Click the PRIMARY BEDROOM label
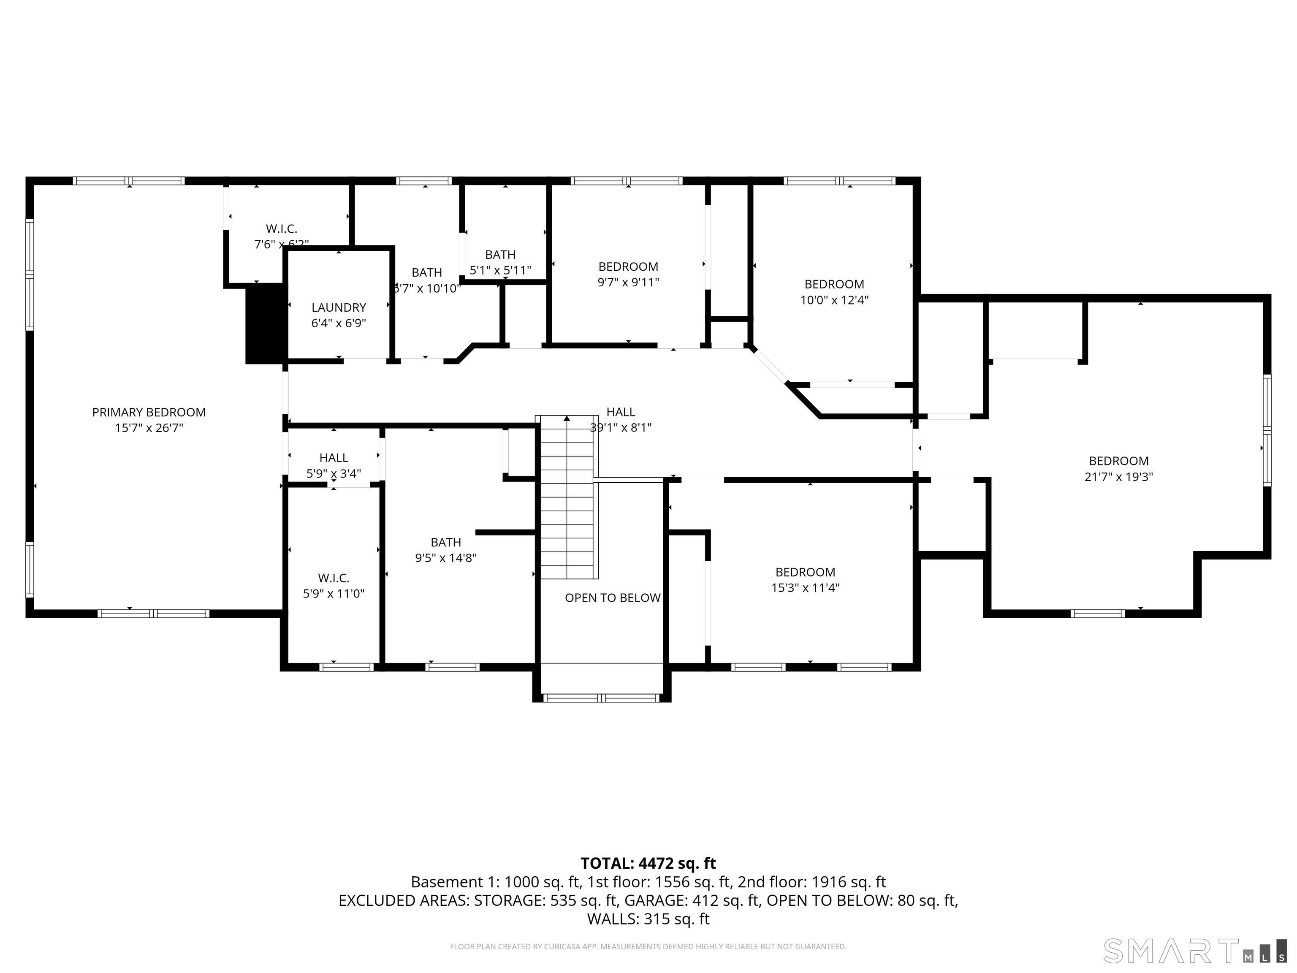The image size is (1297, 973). pos(149,412)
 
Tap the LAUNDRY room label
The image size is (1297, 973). pos(338,307)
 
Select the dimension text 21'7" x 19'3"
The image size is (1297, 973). pos(1118,477)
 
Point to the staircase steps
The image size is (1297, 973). pos(567,498)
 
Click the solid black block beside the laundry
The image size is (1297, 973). pos(265,324)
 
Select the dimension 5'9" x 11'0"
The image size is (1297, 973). pos(333,593)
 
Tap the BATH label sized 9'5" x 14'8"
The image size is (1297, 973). pos(445,543)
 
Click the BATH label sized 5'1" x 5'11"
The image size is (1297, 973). pos(500,255)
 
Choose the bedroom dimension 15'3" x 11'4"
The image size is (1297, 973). pos(805,588)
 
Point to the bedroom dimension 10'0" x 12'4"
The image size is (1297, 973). pos(834,300)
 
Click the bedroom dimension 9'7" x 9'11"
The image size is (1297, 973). pos(628,282)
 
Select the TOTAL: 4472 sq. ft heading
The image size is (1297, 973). pos(648,863)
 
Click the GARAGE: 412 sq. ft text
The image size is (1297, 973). pos(692,900)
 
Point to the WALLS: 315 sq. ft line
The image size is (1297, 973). pos(648,919)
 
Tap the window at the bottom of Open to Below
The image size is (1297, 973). pos(602,698)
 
